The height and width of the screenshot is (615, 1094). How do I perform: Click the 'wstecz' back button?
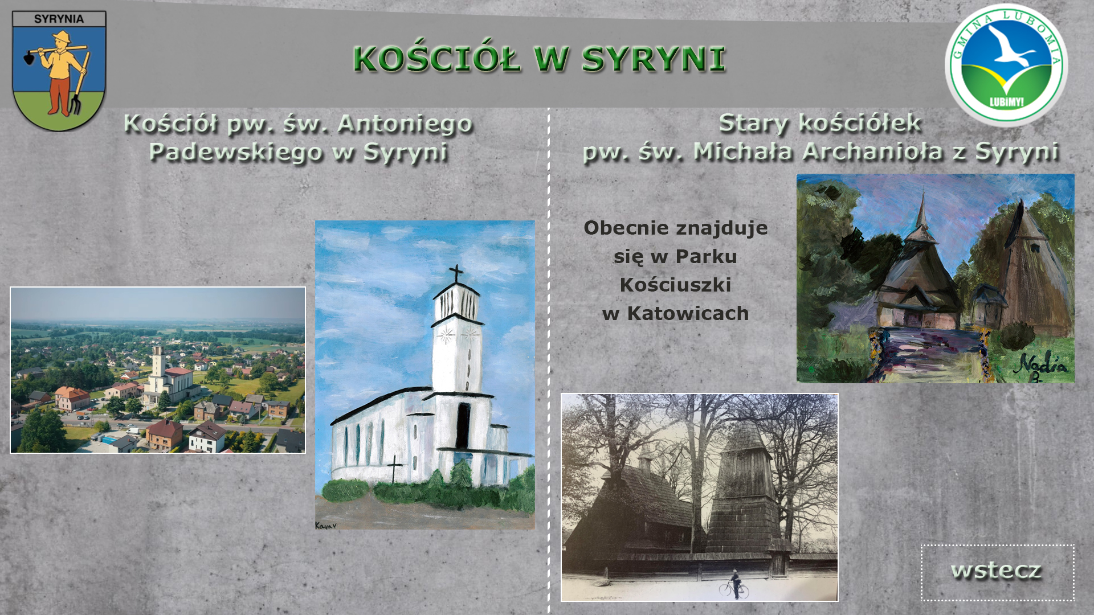click(x=997, y=572)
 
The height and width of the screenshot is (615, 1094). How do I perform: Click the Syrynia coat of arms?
click(x=59, y=71)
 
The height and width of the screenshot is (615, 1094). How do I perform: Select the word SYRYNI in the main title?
click(x=654, y=59)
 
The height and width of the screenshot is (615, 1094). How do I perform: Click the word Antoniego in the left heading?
click(x=405, y=124)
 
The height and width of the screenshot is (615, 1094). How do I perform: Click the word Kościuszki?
click(x=675, y=285)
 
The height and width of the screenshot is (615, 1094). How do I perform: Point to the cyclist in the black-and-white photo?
click(x=734, y=585)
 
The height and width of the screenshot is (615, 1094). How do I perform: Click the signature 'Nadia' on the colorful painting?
click(x=1043, y=366)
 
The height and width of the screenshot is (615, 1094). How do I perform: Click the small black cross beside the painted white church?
click(x=394, y=469)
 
